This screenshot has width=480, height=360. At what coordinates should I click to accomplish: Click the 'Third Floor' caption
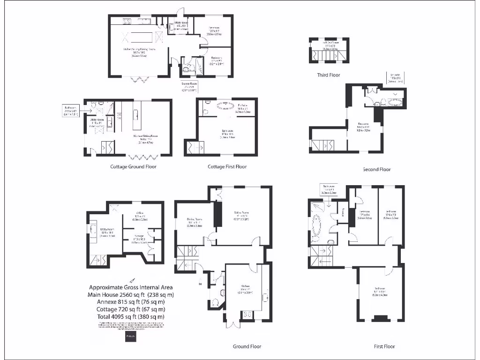(328, 75)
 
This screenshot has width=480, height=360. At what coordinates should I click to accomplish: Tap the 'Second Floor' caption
(376, 169)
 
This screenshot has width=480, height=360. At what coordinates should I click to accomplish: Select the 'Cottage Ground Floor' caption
(133, 166)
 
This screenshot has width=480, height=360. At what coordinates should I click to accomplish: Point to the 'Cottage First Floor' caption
(227, 166)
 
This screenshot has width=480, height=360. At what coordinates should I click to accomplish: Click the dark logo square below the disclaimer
(131, 337)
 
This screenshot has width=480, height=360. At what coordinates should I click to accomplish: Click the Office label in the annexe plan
(139, 217)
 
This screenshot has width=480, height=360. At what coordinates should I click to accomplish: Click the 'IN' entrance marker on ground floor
(200, 284)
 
